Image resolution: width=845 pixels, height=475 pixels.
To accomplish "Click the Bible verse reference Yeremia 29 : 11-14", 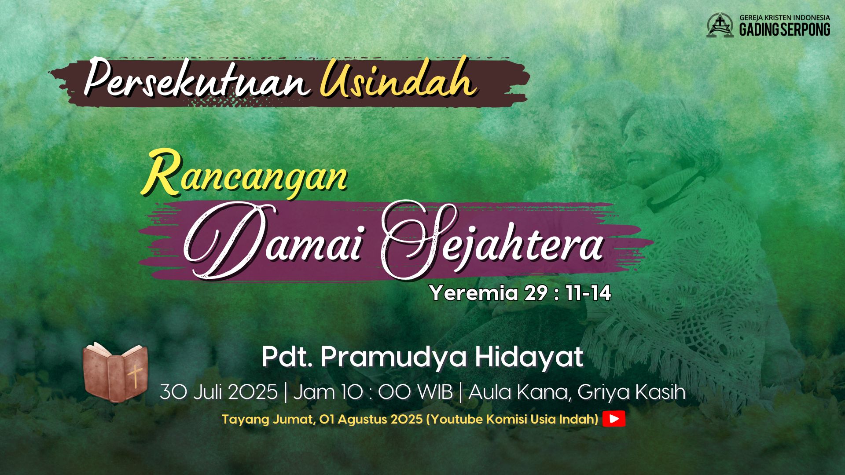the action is (521, 293).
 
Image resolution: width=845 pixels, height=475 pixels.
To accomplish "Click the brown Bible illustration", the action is (115, 373).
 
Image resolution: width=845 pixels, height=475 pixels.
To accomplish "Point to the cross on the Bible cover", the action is (135, 377).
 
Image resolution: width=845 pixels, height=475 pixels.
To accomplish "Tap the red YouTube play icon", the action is (614, 419).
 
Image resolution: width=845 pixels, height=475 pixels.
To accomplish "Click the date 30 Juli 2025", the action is (219, 392).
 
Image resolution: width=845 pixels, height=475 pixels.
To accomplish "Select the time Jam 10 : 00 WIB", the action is (373, 392).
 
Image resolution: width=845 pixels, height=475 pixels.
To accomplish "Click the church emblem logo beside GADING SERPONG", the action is (720, 25).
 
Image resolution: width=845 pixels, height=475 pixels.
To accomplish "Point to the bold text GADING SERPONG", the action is (785, 29).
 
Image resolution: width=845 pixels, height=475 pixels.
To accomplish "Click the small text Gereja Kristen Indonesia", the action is (785, 18).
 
